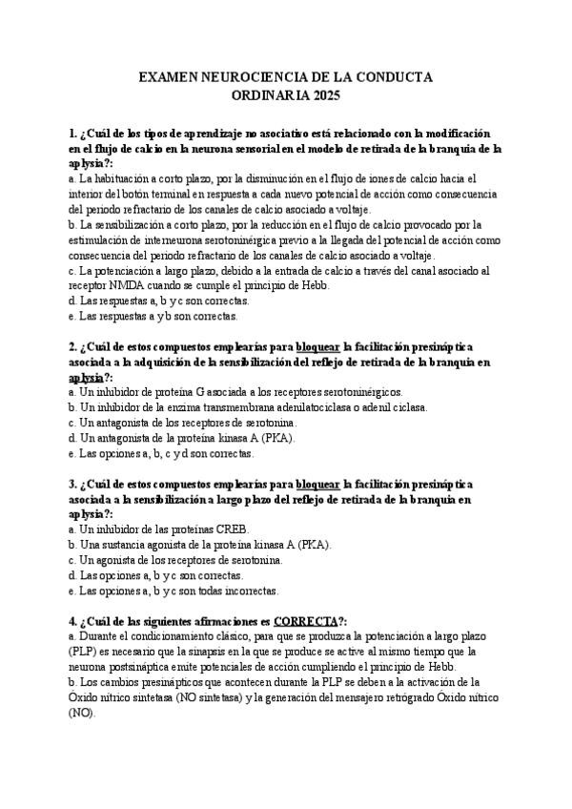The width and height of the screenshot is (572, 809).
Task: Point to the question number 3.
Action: click(x=72, y=484)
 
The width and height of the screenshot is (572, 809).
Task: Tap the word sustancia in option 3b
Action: click(x=120, y=544)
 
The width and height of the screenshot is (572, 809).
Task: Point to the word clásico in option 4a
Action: click(x=242, y=636)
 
